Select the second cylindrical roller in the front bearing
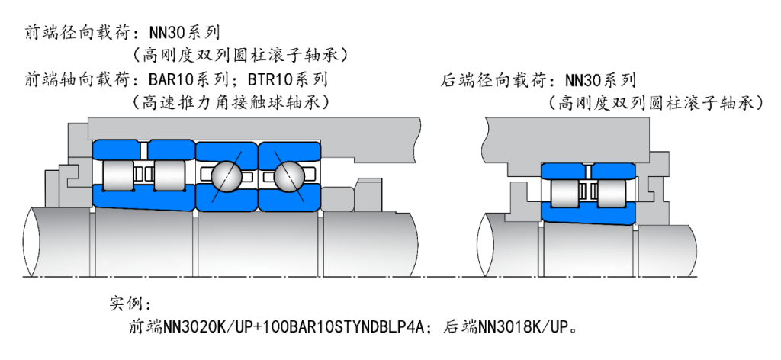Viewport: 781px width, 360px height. [169, 176]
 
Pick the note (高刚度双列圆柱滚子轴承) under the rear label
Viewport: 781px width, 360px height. [656, 101]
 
